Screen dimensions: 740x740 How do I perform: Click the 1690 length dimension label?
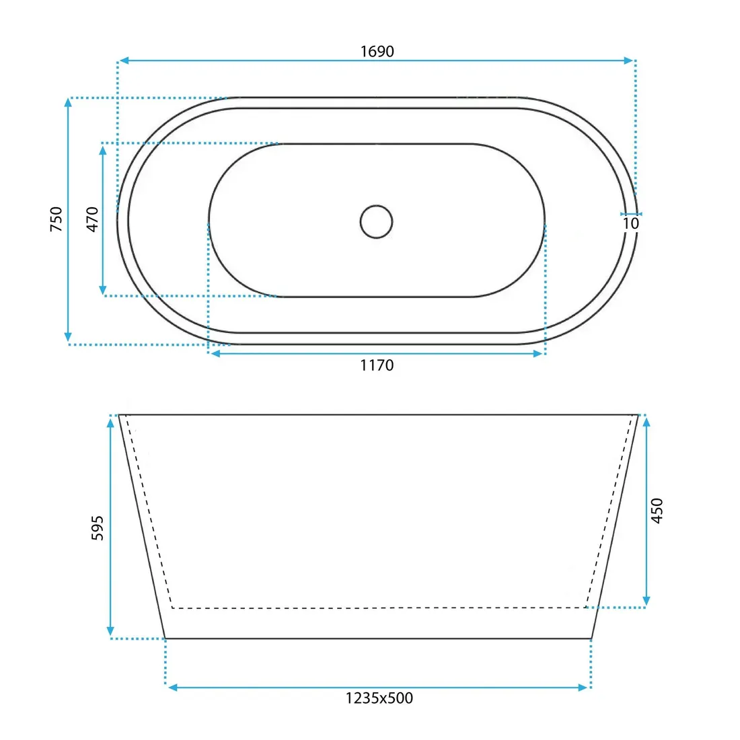click(377, 51)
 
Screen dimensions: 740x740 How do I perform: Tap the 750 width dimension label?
click(56, 219)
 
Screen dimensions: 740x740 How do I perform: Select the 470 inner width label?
click(93, 219)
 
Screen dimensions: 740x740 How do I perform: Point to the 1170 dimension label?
click(377, 365)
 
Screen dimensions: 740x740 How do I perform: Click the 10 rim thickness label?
click(630, 223)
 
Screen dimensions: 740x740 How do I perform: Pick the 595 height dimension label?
click(98, 527)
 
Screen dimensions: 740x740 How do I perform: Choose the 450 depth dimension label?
click(657, 510)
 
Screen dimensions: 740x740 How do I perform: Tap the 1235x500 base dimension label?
click(379, 698)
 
